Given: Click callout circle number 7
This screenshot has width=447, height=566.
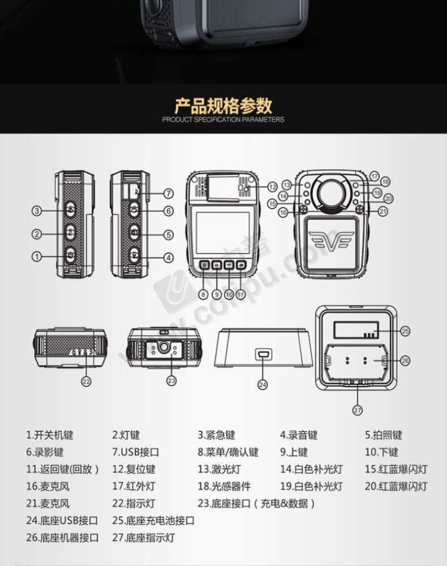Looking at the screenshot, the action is click(169, 194).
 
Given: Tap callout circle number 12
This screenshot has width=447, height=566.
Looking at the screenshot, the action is click(272, 187).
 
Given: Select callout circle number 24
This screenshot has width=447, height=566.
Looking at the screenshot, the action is click(263, 384).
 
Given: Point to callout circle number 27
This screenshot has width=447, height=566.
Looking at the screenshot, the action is click(357, 410).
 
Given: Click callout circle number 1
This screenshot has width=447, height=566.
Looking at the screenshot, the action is click(36, 256).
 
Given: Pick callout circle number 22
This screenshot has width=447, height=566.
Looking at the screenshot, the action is click(86, 381).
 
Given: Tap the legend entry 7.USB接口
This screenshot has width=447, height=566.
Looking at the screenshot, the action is click(135, 452).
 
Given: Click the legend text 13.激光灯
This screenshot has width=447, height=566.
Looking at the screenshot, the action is click(219, 469).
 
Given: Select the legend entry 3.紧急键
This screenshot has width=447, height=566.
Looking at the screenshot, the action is click(216, 435).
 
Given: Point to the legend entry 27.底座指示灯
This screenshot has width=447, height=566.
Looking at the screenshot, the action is click(143, 538).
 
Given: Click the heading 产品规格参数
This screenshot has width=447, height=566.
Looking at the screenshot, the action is click(223, 106).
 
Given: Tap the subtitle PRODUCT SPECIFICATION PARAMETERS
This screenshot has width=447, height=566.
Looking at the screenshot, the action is click(223, 119).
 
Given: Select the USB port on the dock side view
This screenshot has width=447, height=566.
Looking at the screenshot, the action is click(263, 354).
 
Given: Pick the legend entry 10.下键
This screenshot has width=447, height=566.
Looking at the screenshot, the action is click(381, 452).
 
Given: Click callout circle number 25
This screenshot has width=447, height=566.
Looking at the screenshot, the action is click(406, 331).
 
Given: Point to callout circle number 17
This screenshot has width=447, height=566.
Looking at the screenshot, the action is click(375, 176).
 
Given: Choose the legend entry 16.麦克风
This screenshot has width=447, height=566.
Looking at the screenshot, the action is click(48, 486).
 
